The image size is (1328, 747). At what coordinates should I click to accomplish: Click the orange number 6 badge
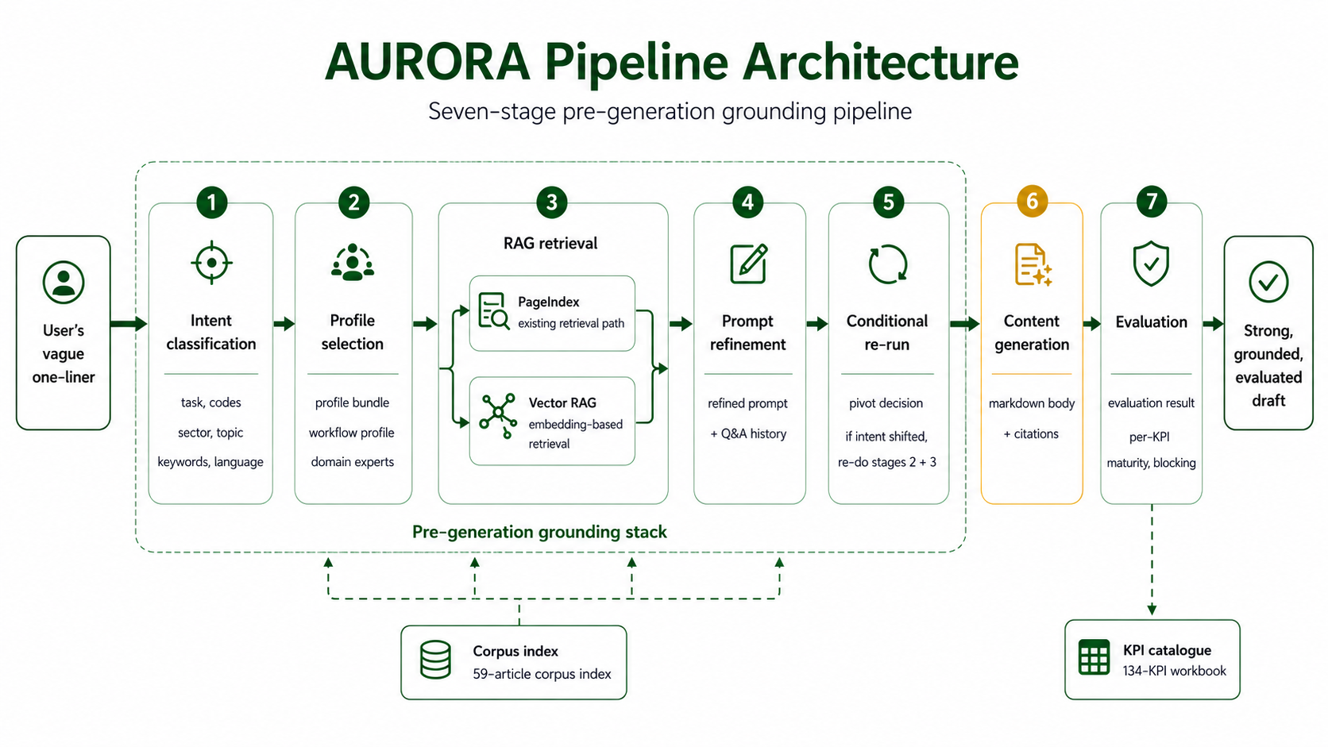(1033, 202)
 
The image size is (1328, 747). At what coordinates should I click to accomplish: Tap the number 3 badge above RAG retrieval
(551, 202)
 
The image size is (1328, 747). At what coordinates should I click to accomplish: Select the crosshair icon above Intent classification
(211, 263)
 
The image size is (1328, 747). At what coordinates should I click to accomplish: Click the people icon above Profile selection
(353, 262)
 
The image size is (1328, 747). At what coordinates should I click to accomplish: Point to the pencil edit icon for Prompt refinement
(749, 264)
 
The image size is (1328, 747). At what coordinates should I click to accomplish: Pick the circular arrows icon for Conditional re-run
(887, 264)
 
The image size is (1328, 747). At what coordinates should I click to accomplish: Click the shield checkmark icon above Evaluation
(1151, 263)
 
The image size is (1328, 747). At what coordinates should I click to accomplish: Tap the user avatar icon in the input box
(64, 282)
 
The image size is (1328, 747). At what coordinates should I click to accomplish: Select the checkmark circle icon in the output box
(1268, 282)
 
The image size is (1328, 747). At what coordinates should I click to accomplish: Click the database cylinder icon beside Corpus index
(435, 660)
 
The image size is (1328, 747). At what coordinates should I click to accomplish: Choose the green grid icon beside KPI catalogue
(1094, 657)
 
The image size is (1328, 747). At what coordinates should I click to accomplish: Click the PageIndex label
(548, 302)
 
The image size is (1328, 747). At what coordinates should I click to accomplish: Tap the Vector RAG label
(562, 402)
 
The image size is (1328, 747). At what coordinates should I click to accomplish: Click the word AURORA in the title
(427, 62)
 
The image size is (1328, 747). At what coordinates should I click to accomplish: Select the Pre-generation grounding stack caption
(539, 532)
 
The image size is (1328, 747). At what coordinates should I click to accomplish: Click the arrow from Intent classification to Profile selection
(284, 323)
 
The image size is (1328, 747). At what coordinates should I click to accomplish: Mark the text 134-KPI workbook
(1174, 671)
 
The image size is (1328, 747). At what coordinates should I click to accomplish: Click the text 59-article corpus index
(542, 674)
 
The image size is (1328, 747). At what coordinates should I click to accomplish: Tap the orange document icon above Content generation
(1033, 265)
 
